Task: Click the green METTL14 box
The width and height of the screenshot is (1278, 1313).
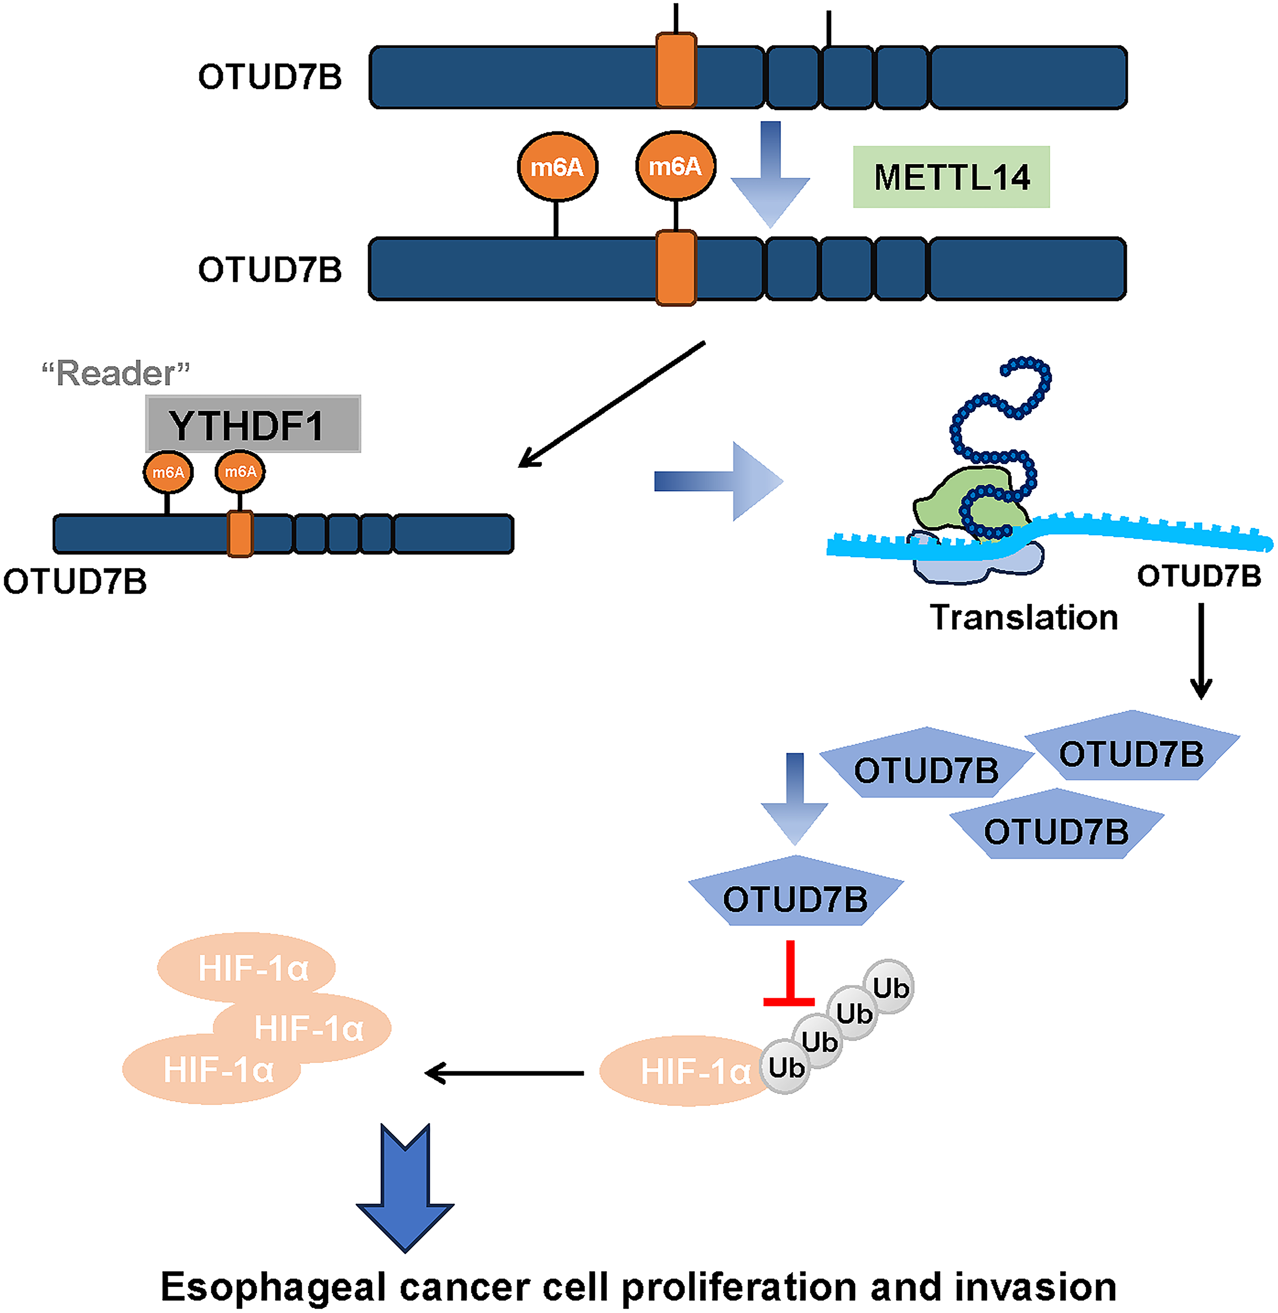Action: (951, 177)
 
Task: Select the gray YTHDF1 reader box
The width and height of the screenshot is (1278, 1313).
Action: (253, 424)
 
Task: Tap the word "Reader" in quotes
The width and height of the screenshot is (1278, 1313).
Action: (116, 373)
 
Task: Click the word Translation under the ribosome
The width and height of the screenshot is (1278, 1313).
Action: (1023, 617)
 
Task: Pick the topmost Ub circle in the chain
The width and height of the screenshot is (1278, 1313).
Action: (888, 986)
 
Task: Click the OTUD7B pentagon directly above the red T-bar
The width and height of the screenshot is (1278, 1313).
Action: (796, 891)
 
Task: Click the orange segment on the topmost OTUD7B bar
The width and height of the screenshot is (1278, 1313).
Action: (676, 70)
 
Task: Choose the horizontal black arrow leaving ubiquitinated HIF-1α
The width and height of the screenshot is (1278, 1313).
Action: (504, 1073)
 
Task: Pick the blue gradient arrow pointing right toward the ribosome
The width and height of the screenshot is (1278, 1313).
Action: (719, 481)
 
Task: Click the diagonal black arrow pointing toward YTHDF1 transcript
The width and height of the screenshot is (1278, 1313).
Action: (612, 404)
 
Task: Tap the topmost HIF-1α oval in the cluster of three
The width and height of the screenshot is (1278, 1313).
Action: (246, 967)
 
